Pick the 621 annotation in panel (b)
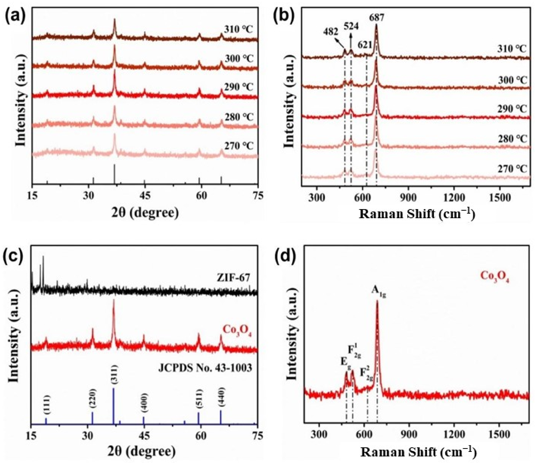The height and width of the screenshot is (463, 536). [365, 45]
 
